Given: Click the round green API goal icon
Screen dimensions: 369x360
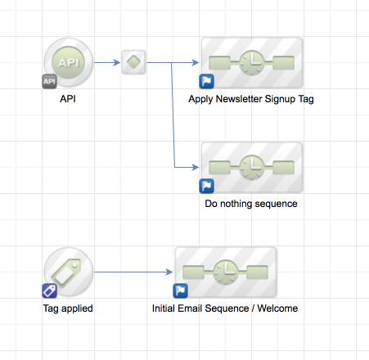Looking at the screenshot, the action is click(69, 62).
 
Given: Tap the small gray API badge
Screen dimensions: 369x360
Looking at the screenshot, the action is click(49, 81).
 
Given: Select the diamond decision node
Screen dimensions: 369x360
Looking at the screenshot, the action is click(133, 62).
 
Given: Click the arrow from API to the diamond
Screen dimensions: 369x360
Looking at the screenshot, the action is click(107, 63).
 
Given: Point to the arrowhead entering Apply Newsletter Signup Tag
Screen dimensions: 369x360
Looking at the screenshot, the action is click(196, 63).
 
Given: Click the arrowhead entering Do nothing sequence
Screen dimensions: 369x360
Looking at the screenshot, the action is click(196, 167).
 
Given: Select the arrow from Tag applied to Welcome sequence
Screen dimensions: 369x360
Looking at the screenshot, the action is click(133, 272).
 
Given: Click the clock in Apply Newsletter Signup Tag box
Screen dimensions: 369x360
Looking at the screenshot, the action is click(252, 62).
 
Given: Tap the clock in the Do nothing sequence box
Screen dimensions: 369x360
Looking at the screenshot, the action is click(252, 167).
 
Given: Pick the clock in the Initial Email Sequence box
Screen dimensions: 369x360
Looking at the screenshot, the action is click(226, 272).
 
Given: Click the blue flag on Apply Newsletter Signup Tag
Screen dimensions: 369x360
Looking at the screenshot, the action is click(206, 81).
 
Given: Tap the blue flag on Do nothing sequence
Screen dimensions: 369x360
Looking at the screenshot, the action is click(206, 186).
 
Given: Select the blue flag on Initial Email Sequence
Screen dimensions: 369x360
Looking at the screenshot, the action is click(180, 290).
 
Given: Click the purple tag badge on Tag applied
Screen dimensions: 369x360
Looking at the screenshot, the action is click(49, 290).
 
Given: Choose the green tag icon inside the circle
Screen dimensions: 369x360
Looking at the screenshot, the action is click(66, 272).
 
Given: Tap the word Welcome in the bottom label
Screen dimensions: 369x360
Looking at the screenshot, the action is click(277, 308).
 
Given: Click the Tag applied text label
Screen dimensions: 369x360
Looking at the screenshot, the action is click(68, 308).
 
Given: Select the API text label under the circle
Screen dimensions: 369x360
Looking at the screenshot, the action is click(68, 99).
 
